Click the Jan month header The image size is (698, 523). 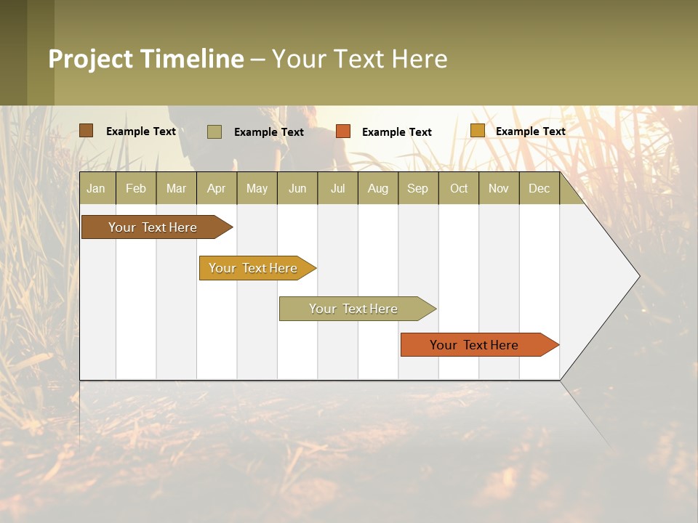pyautogui.click(x=96, y=189)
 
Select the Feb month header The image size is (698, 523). pyautogui.click(x=136, y=189)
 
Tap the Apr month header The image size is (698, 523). pyautogui.click(x=216, y=189)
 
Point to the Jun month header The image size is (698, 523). pyautogui.click(x=297, y=189)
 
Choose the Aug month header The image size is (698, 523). pyautogui.click(x=377, y=189)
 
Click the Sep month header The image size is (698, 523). pyautogui.click(x=417, y=189)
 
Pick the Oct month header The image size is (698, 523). pyautogui.click(x=459, y=189)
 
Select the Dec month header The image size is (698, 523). pyautogui.click(x=539, y=189)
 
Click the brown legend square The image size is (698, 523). pyautogui.click(x=87, y=131)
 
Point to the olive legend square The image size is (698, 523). pyautogui.click(x=214, y=131)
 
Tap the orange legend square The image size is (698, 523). pyautogui.click(x=343, y=131)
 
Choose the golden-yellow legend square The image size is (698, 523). pyautogui.click(x=477, y=131)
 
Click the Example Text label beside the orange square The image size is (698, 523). pyautogui.click(x=396, y=132)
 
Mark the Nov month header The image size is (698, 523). pyautogui.click(x=498, y=189)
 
